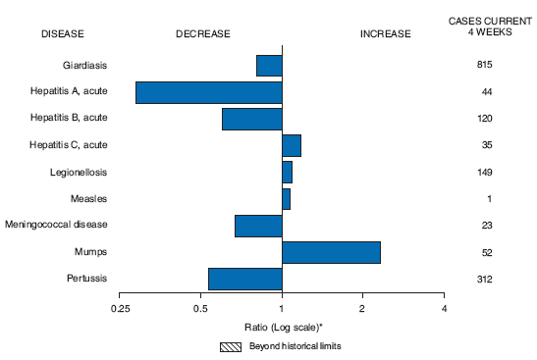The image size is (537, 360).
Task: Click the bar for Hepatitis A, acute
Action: (208, 92)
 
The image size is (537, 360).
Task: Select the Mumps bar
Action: (331, 252)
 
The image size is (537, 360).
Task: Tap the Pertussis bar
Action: (244, 279)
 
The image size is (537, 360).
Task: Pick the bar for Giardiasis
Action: (269, 66)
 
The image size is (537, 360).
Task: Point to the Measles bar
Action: (286, 199)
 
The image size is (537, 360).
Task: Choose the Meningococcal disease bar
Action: (258, 226)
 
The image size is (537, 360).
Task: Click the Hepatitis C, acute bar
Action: (292, 145)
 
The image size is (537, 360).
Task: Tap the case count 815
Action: (484, 66)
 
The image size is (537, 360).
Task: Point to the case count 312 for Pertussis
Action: (484, 280)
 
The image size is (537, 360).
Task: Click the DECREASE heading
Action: (202, 34)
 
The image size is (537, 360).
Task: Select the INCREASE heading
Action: (386, 34)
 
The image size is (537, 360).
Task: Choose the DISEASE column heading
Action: (63, 34)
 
